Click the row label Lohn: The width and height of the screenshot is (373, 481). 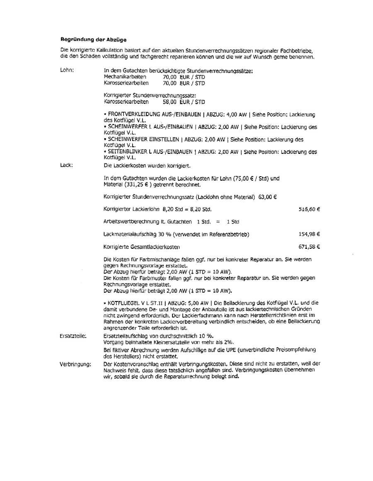click(x=67, y=70)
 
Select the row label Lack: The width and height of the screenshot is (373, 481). click(x=67, y=165)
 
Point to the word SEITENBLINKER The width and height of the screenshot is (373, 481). click(x=127, y=152)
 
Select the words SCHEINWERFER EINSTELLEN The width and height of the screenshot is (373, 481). click(x=140, y=139)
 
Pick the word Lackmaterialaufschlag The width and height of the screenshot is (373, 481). click(x=129, y=234)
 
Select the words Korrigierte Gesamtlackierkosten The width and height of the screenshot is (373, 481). click(x=142, y=247)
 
